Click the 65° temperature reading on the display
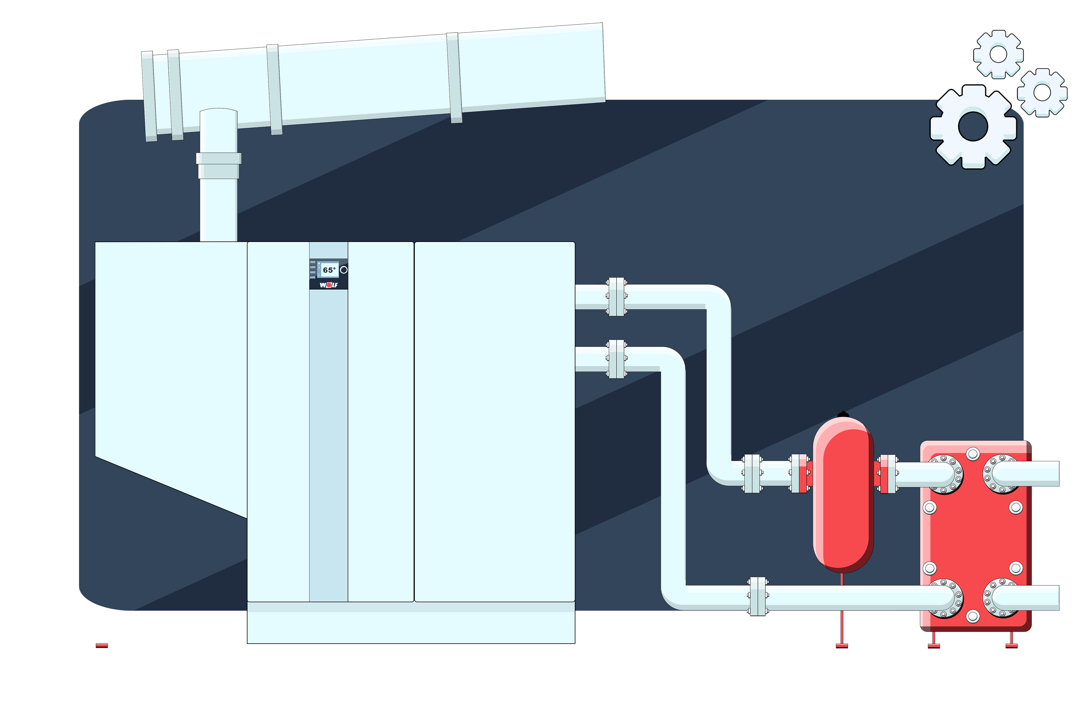pos(329,270)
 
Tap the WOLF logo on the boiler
pos(329,285)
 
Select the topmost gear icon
pos(998,54)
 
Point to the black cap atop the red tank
pos(843,415)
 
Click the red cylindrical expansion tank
pos(843,495)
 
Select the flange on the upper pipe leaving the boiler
pos(616,297)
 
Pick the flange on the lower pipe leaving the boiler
pos(616,359)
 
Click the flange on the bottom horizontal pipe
pos(758,596)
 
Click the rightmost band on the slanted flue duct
pos(454,77)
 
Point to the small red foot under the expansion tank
pos(842,646)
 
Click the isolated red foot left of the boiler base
pos(102,646)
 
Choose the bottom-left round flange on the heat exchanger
pos(945,598)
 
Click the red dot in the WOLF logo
pos(329,285)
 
